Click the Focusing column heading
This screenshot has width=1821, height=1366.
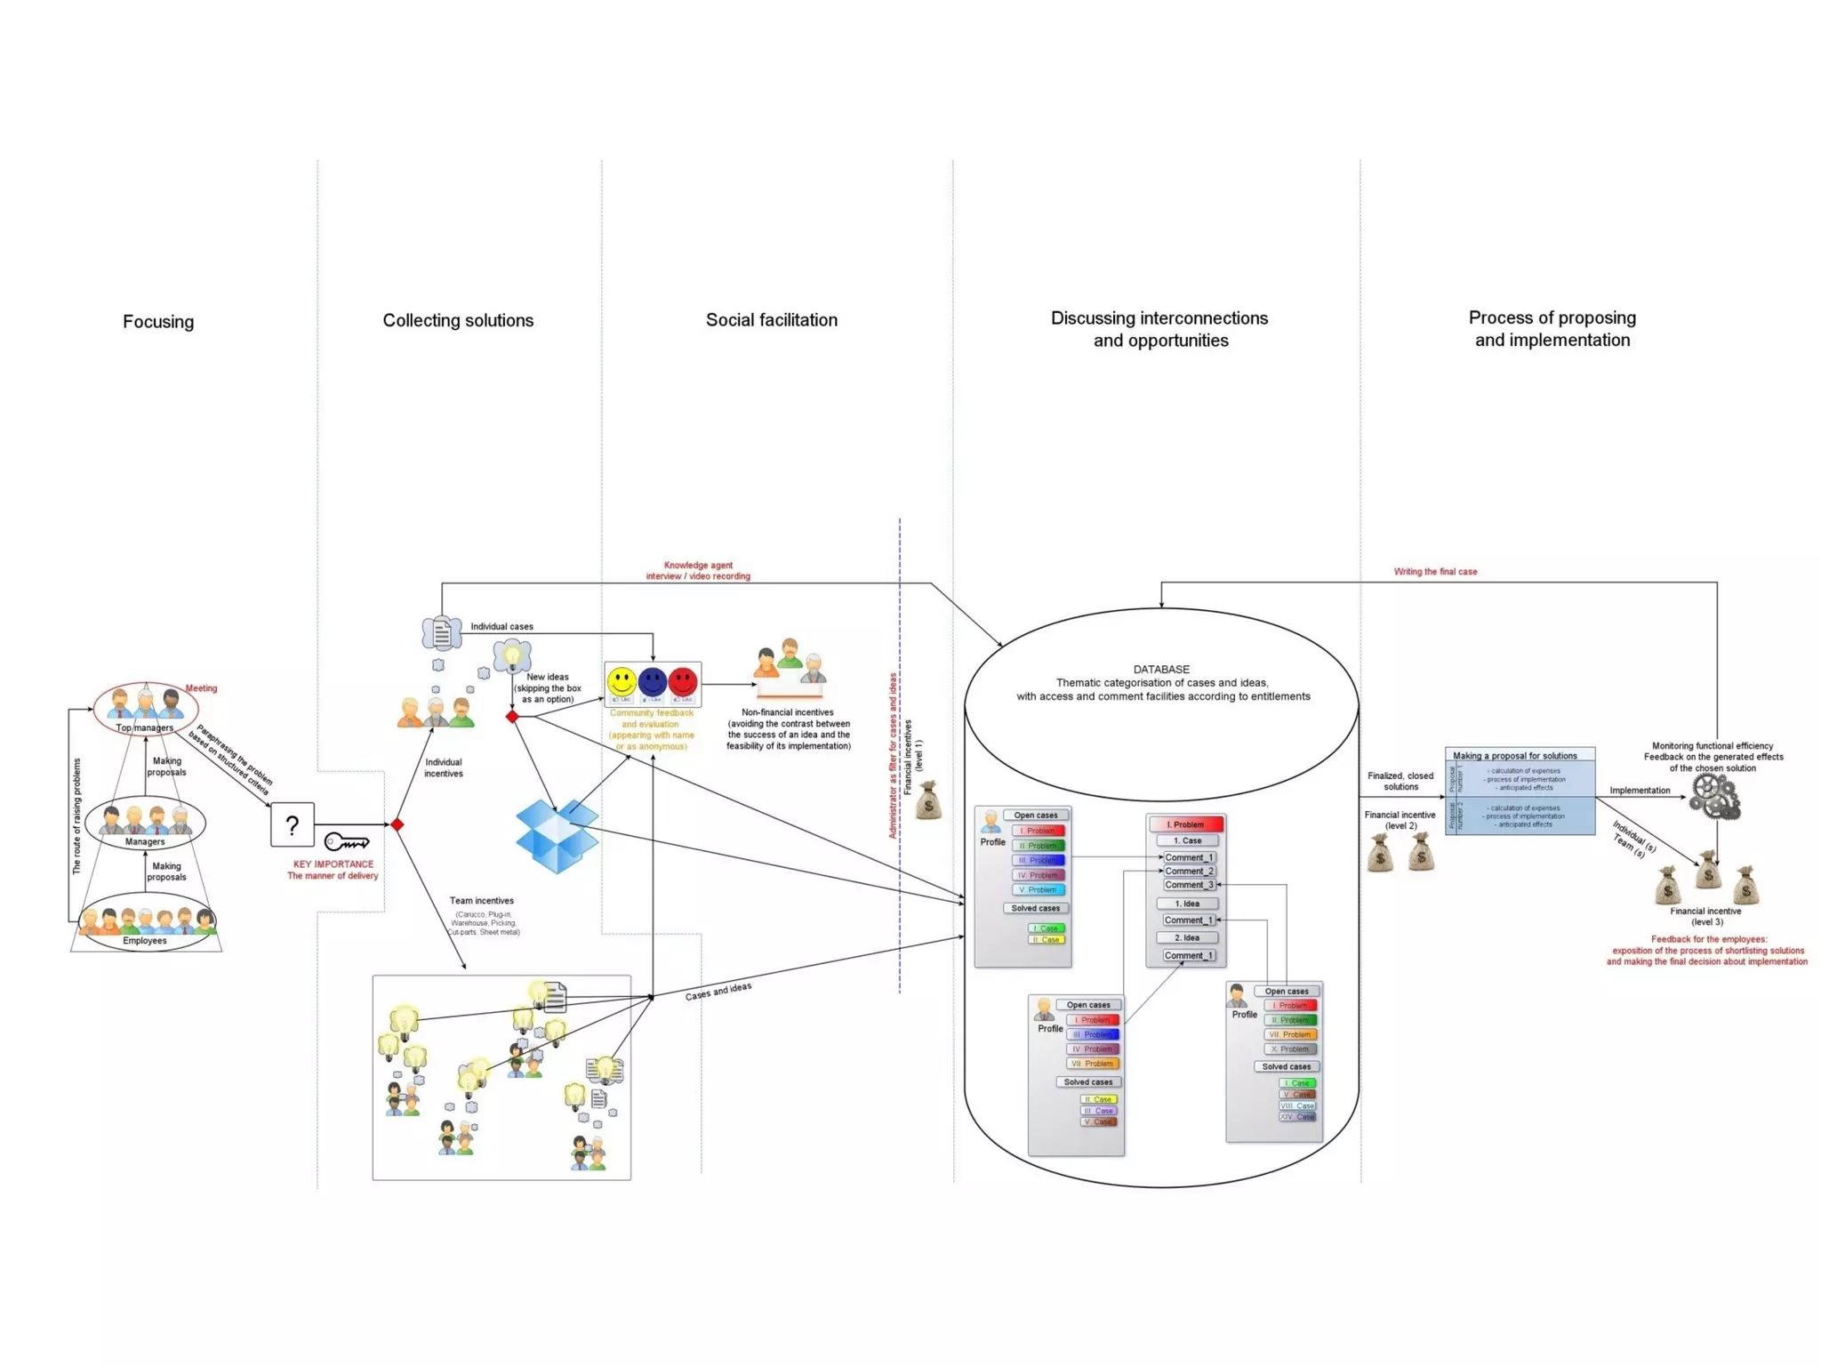point(158,322)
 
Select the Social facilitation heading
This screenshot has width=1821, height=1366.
point(771,320)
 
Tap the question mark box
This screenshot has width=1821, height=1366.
point(293,824)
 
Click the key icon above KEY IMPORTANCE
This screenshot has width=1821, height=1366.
point(346,841)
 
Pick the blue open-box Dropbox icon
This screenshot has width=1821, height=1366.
point(556,835)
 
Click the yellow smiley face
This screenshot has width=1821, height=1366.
point(622,682)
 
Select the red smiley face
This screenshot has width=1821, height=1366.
point(683,682)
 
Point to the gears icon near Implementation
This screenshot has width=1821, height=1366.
point(1714,796)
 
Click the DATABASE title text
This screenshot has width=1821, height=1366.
point(1161,670)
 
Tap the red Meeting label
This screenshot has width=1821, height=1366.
point(201,688)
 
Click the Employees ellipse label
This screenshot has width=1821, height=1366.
point(145,940)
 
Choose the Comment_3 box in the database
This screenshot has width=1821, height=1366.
point(1188,885)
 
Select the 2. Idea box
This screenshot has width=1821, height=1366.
point(1187,937)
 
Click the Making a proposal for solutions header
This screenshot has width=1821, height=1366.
point(1514,756)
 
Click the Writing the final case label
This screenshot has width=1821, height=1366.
point(1435,572)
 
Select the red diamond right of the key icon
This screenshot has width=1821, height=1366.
point(397,825)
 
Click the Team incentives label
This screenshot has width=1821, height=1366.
point(481,901)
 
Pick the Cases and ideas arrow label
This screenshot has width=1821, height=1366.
point(718,992)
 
